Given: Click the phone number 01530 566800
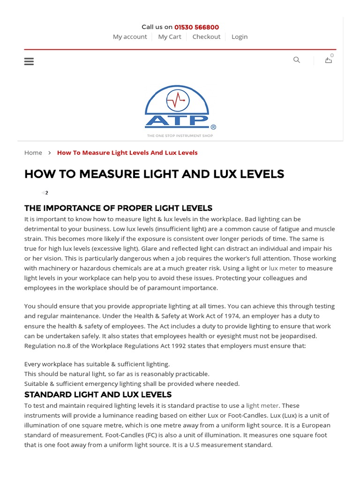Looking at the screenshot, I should point(196,27).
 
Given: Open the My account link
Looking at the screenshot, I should point(130,37).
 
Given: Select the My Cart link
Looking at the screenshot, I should point(170,37).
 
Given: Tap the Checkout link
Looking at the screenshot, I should point(206,37).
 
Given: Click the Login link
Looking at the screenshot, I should point(240,37).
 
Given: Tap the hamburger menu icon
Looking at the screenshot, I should point(29,61).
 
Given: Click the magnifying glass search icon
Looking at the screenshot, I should point(297,60).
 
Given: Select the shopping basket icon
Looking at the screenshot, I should point(329,60).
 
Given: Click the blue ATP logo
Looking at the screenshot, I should point(177,107).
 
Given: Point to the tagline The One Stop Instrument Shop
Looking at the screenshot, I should point(180,136).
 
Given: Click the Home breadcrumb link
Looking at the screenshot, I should point(33,153).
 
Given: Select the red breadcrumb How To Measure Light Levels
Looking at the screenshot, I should point(127,153).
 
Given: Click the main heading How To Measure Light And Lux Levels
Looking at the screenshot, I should point(154,174).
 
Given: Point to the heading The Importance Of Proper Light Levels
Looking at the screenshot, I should point(118,208).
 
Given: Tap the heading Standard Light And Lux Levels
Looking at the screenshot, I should point(98,395).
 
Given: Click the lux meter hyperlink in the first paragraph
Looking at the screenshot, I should point(283,268).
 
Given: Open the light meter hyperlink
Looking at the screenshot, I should point(262,405).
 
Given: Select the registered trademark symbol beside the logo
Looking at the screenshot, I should point(213,127).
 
